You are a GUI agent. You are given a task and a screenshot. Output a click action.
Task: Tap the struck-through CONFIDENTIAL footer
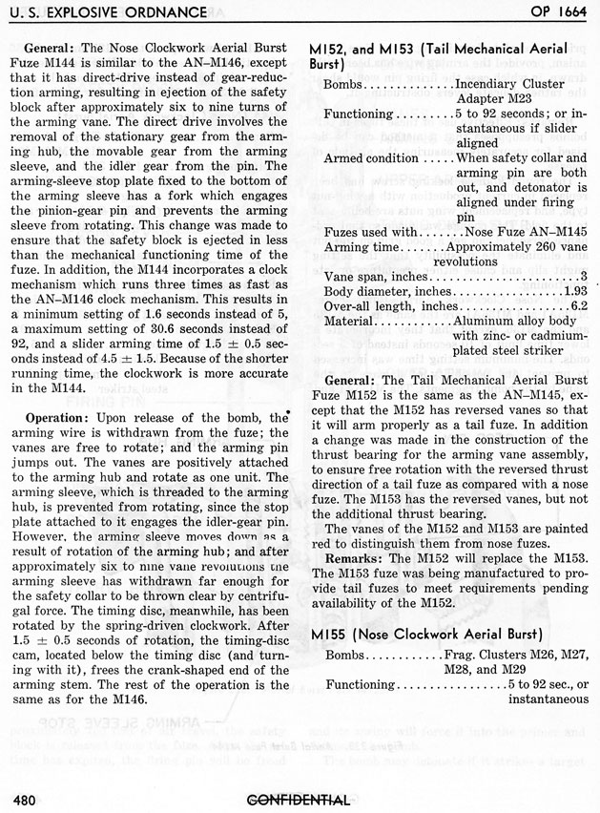point(298,801)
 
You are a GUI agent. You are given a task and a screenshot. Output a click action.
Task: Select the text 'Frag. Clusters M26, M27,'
point(516,657)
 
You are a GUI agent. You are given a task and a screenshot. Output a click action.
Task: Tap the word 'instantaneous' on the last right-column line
point(545,699)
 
